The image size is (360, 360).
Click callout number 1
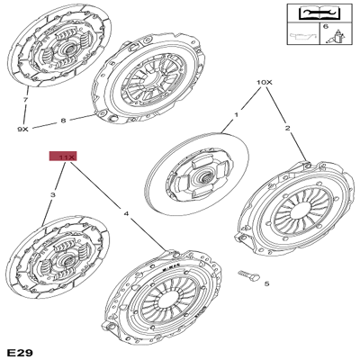[x=237, y=114]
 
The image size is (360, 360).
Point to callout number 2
[x=289, y=130]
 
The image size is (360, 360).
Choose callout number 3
[x=53, y=194]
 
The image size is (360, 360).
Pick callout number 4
[x=125, y=212]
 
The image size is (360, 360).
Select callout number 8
[x=63, y=120]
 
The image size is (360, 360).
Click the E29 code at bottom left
[x=19, y=349]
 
